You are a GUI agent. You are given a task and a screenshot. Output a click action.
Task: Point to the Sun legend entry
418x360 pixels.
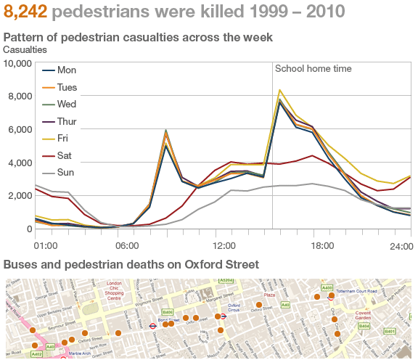pyautogui.click(x=66, y=173)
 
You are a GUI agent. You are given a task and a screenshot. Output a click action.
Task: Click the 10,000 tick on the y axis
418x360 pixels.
pyautogui.click(x=18, y=63)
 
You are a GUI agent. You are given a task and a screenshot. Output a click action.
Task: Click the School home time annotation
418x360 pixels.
pyautogui.click(x=313, y=69)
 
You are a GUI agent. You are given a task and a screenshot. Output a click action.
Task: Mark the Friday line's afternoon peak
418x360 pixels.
pyautogui.click(x=279, y=90)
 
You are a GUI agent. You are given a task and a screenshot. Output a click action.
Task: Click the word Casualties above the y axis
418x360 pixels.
pyautogui.click(x=25, y=49)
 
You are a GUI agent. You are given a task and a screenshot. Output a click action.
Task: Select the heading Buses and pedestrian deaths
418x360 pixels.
pyautogui.click(x=131, y=263)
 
